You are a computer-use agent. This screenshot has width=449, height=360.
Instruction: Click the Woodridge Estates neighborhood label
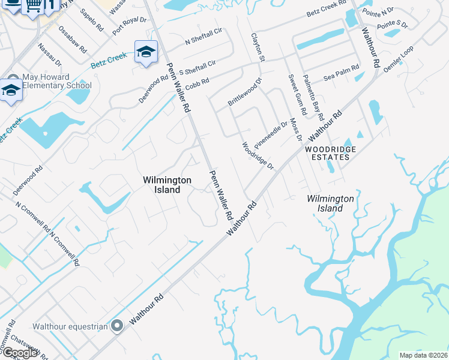331,153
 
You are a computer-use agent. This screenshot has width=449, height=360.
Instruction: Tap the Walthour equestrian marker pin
117,326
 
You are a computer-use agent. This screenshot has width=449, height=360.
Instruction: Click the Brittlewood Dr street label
245,92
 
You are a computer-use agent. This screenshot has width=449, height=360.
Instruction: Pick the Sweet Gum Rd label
294,93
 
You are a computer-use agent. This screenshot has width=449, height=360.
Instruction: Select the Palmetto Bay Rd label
313,96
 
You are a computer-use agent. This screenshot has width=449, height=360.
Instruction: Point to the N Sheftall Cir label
203,37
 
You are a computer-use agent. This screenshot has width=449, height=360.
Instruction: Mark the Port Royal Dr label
129,24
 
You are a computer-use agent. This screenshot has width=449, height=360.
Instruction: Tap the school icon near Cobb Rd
146,52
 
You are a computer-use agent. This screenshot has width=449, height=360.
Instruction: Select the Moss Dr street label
295,130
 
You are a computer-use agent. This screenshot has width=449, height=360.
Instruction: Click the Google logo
19,352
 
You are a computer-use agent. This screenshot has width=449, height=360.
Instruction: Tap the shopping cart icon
35,5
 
